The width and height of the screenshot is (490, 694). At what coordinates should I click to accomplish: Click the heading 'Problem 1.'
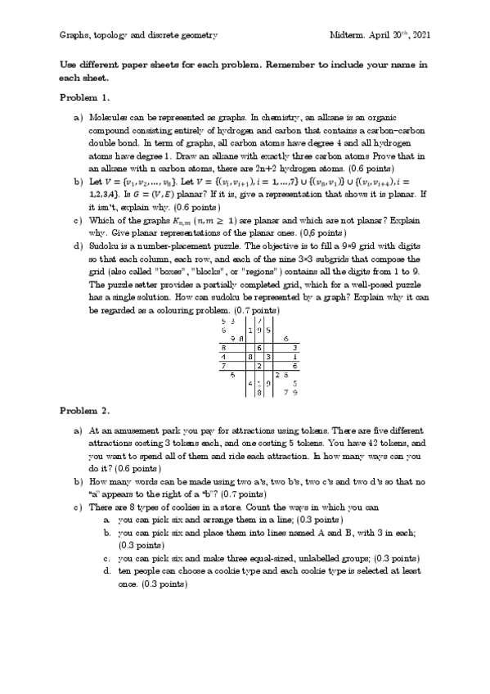[x=84, y=97]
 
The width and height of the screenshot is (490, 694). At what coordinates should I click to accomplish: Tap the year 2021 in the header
[x=419, y=37]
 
